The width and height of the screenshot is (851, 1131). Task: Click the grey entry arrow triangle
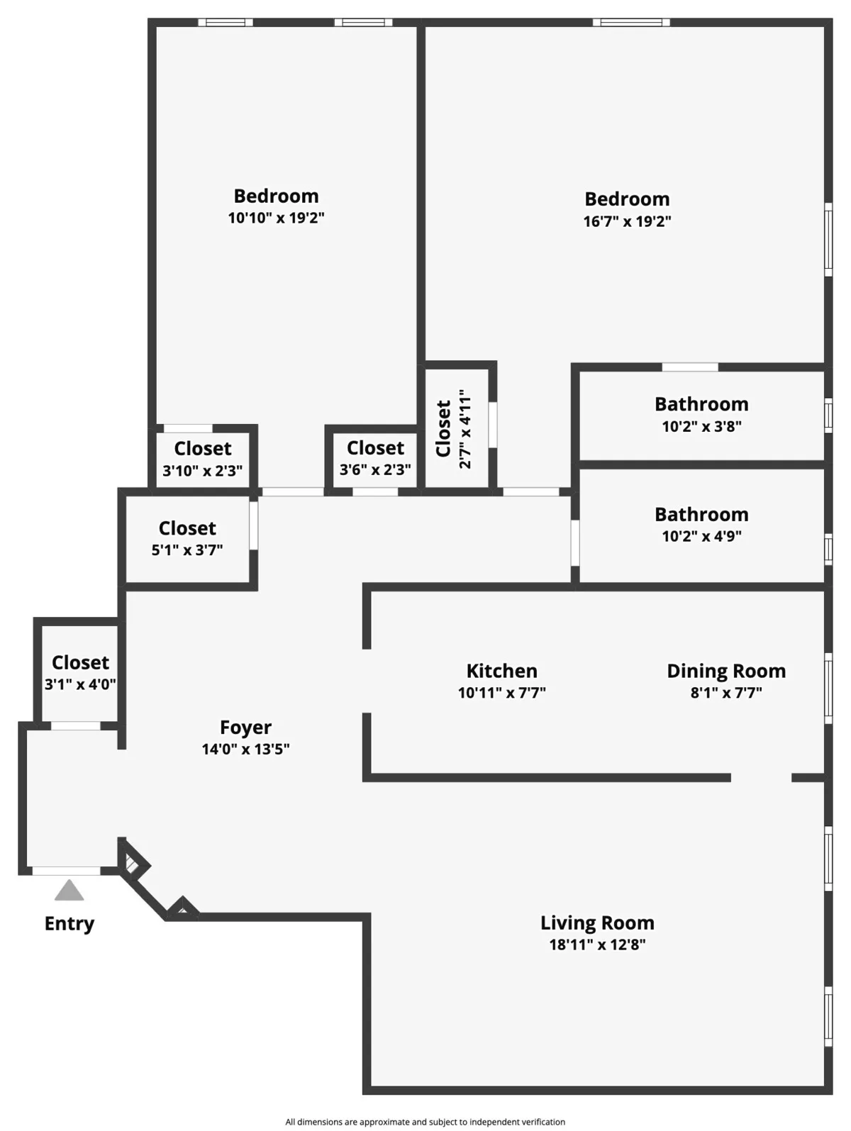pos(69,891)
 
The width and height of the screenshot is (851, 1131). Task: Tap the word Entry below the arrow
pos(69,923)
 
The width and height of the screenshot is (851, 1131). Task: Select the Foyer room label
pos(245,728)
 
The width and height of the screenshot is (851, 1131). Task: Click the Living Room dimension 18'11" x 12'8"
pos(597,945)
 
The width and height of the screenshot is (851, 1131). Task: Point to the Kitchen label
pos(501,671)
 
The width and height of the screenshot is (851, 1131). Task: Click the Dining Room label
pos(726,671)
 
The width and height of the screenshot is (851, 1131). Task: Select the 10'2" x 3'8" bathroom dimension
pos(701,426)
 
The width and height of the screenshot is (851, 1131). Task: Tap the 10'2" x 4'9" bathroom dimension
pos(701,536)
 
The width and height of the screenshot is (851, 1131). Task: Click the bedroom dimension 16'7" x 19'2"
pos(627,221)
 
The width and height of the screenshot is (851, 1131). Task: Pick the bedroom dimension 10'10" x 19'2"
pos(276,218)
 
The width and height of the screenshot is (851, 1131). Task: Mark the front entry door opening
pos(66,871)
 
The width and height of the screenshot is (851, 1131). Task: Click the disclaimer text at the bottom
pos(425,1122)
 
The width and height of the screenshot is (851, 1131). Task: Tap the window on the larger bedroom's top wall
pos(631,23)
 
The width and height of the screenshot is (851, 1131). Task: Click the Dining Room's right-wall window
pos(828,688)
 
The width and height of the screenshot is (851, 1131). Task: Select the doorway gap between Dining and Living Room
pos(761,778)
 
